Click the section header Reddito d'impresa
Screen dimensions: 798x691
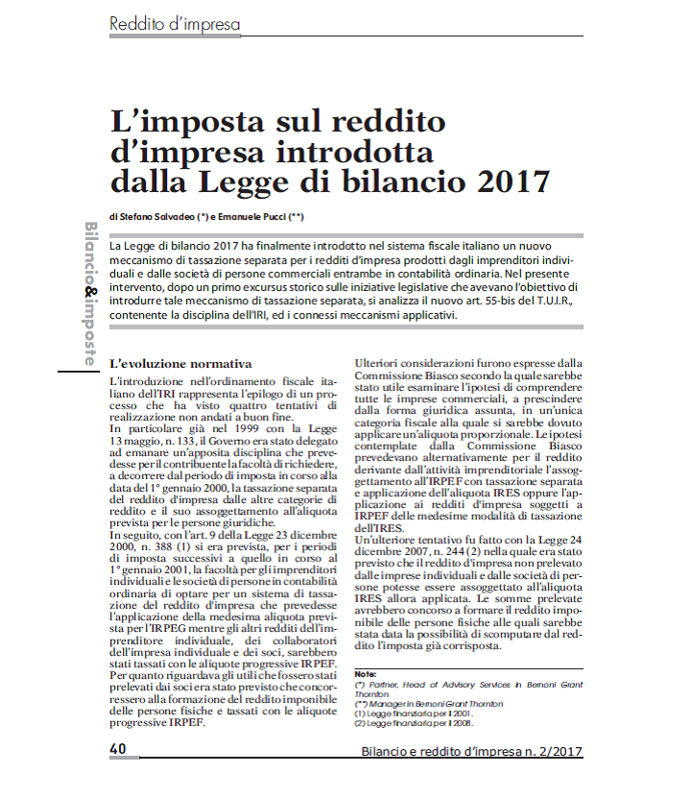pos(175,23)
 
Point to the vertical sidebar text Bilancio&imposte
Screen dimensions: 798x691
pos(89,293)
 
